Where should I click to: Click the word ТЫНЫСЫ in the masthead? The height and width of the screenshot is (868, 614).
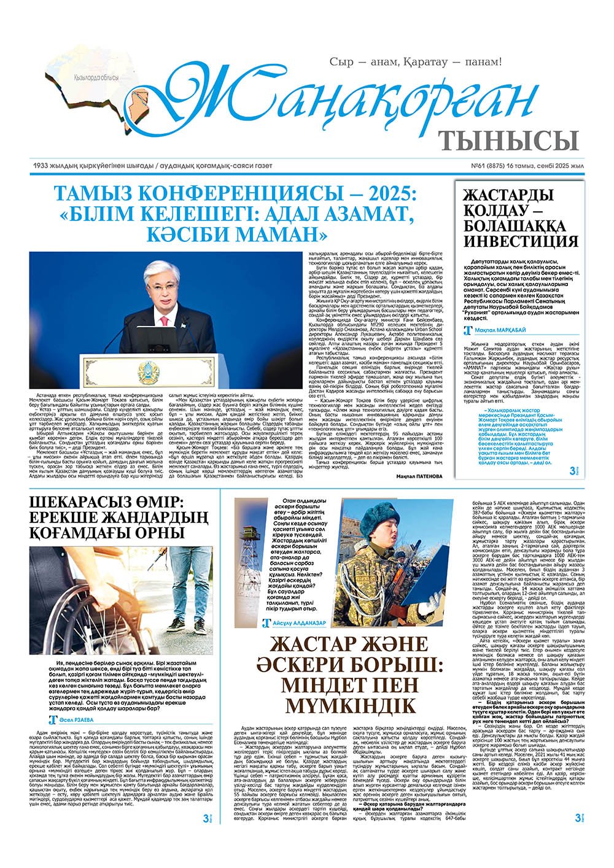click(x=510, y=141)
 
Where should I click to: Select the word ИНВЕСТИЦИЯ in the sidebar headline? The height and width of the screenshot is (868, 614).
click(x=520, y=240)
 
